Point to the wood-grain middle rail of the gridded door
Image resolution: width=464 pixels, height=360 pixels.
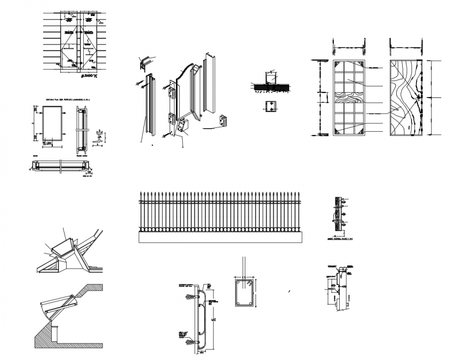click(x=350, y=98)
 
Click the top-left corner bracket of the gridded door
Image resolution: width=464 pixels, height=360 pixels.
click(x=337, y=65)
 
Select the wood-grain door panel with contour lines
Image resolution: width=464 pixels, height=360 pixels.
click(x=406, y=98)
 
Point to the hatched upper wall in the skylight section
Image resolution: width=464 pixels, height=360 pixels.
click(x=91, y=292)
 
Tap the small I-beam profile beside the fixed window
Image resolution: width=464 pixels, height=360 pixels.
click(x=100, y=138)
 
